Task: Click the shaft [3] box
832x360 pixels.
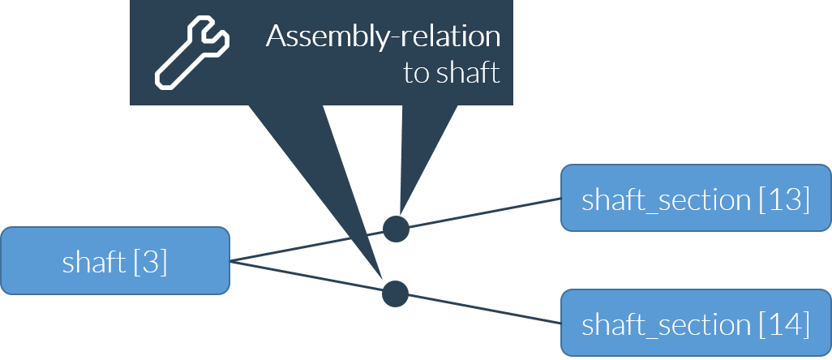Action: tap(115, 260)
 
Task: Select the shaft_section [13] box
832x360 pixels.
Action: tap(696, 199)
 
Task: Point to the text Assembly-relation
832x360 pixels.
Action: tap(383, 37)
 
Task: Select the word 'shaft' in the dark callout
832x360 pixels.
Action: tap(468, 74)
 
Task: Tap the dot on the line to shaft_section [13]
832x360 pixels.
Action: tap(396, 229)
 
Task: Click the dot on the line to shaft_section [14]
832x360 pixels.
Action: tap(395, 293)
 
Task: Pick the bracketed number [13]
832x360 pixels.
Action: tap(784, 200)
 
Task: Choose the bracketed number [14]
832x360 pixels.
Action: tap(784, 324)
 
